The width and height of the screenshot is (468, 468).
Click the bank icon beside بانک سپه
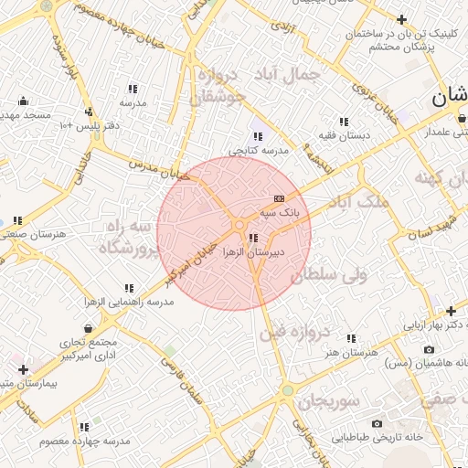point(279,198)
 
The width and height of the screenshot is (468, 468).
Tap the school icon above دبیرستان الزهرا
point(252,238)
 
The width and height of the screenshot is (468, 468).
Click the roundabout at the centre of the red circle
point(239,225)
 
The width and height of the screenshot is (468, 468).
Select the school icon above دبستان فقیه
point(344,122)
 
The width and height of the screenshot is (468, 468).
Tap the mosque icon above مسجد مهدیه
point(23,101)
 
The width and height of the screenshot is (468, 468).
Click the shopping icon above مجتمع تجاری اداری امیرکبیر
point(88,328)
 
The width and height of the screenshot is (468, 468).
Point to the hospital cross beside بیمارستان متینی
point(22,370)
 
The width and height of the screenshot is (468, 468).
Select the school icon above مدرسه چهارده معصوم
point(84,427)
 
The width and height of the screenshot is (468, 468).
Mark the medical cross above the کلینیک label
point(401,19)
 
